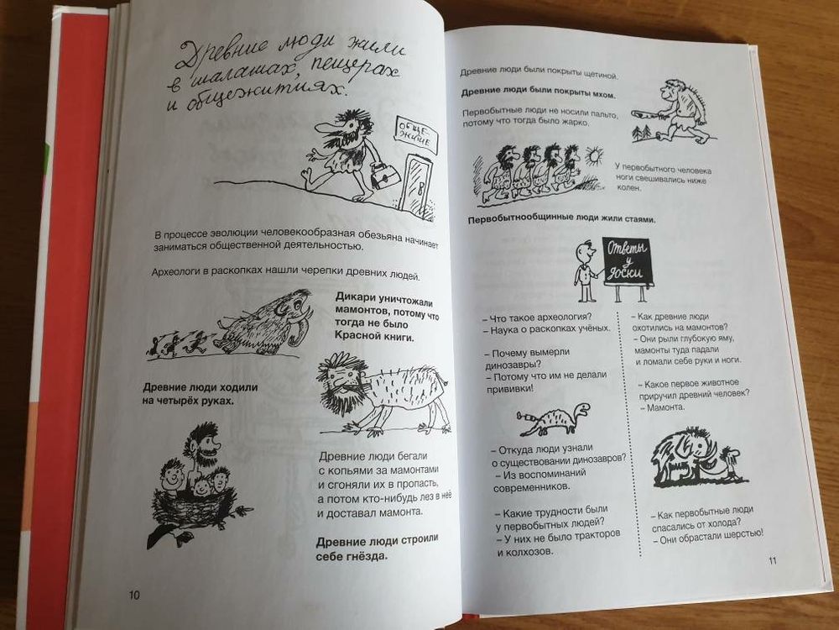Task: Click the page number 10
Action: point(134,596)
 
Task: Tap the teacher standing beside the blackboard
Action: point(581,272)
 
